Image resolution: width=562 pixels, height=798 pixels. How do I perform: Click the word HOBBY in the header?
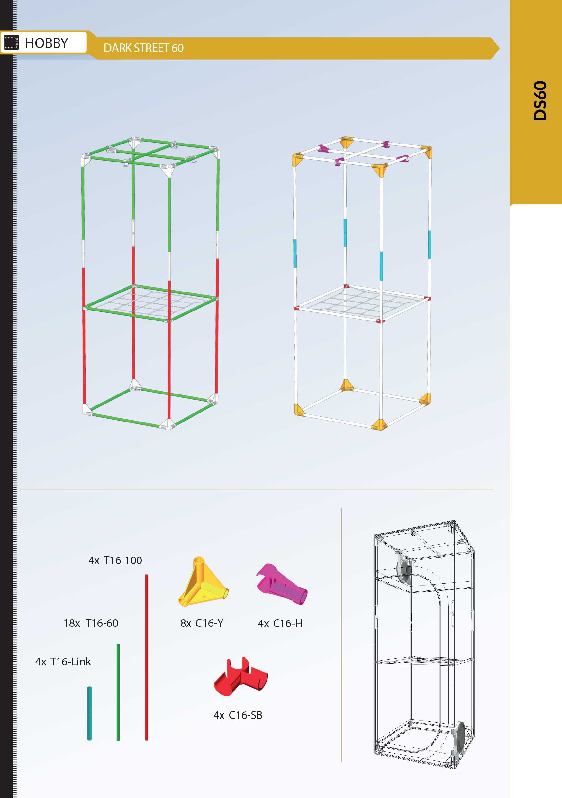(47, 43)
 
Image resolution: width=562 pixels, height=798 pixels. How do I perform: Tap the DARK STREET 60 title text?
(143, 48)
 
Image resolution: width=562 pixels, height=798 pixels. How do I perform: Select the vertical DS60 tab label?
(540, 101)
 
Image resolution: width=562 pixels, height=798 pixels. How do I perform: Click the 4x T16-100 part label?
(115, 560)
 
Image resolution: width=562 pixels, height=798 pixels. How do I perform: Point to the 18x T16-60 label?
(91, 623)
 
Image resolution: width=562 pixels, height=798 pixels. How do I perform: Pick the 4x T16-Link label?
(63, 662)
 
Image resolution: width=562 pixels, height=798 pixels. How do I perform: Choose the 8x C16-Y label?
(202, 623)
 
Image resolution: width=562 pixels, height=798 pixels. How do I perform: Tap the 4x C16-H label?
(280, 624)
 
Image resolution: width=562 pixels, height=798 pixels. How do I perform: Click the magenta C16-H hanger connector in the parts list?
(282, 584)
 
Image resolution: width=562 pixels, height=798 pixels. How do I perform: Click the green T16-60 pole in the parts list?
(118, 692)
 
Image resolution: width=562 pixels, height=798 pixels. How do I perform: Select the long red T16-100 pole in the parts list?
(147, 657)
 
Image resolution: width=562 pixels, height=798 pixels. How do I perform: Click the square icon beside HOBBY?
(11, 43)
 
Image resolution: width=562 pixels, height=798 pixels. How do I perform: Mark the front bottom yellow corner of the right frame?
(379, 424)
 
